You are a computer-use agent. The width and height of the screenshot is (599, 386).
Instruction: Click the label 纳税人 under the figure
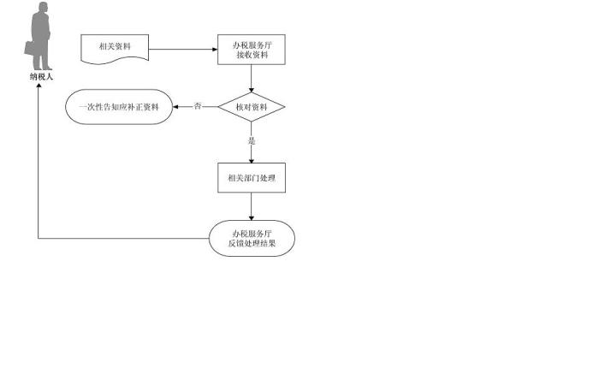(40, 78)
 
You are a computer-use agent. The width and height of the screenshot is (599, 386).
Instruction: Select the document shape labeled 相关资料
(115, 48)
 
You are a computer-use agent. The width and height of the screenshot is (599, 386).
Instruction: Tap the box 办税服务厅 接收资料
(252, 49)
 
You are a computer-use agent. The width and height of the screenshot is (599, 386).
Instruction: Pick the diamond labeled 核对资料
(252, 107)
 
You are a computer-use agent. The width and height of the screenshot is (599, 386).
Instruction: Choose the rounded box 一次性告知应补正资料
(119, 107)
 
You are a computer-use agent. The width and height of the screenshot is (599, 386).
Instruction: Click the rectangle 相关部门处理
(252, 179)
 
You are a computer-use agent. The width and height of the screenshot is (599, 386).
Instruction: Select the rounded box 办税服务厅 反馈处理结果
(252, 238)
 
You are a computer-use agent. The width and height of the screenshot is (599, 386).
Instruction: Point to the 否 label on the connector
(198, 107)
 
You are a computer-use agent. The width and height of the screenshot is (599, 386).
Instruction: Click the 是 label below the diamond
(252, 140)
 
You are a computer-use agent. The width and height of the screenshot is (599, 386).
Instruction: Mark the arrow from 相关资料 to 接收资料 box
(184, 49)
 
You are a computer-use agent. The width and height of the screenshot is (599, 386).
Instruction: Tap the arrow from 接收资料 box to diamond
(252, 79)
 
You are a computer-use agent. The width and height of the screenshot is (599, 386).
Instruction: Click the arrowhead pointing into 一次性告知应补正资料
(177, 107)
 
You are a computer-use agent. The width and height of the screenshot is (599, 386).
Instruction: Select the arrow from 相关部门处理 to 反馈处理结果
(252, 208)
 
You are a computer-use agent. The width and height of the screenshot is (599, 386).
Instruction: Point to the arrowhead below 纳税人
(39, 86)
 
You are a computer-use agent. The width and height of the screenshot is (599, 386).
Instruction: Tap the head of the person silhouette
(41, 8)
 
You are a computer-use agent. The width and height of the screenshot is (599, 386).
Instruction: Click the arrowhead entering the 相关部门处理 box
(252, 160)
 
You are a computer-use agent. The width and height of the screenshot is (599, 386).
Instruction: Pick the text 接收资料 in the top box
(252, 55)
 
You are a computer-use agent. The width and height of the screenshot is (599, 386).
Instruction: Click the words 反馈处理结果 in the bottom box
(252, 244)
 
